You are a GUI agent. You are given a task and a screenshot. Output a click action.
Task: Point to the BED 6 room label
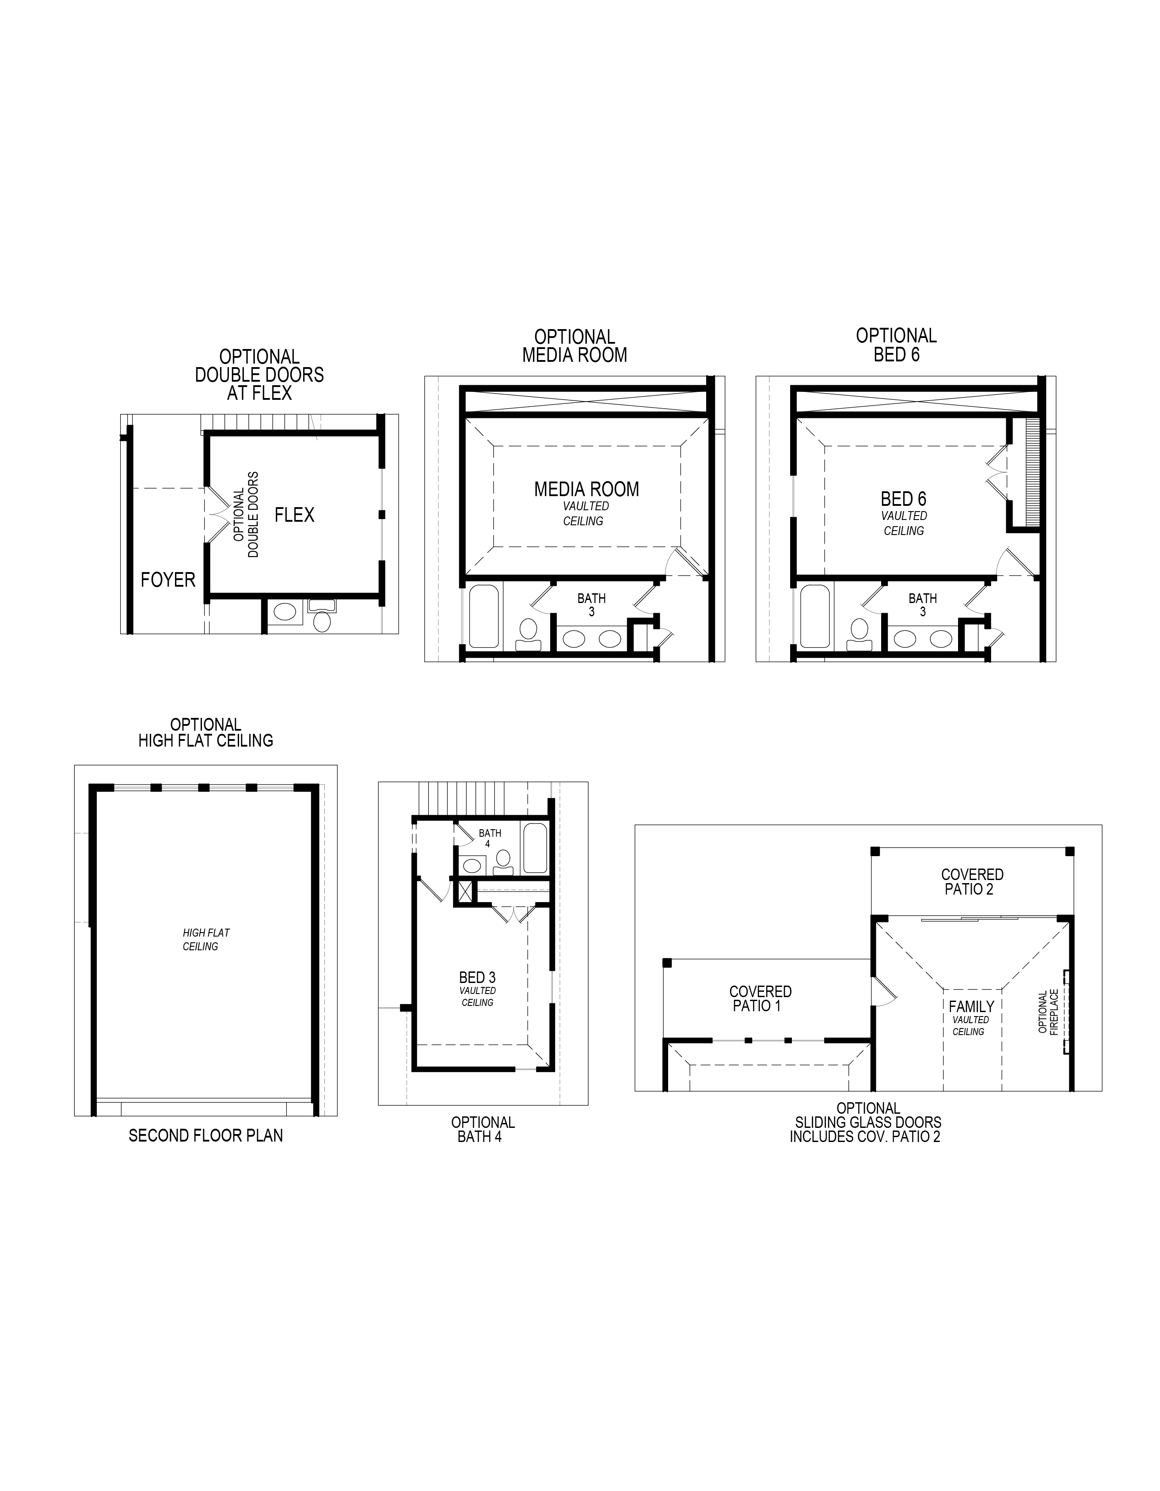coord(903,499)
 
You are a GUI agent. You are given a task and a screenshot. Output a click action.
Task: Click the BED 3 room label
coord(477,978)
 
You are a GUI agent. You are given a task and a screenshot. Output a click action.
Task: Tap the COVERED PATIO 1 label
coord(760,999)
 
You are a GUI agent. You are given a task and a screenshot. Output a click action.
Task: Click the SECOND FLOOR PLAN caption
coord(205,1135)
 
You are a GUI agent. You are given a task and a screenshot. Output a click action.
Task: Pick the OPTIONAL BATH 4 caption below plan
coord(483,1129)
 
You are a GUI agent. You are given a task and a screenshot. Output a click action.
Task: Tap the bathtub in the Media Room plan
coord(483,616)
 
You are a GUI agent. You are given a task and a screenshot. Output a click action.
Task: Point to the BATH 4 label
coord(490,838)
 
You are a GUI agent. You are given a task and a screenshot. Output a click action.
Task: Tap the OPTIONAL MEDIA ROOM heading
coord(574,346)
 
